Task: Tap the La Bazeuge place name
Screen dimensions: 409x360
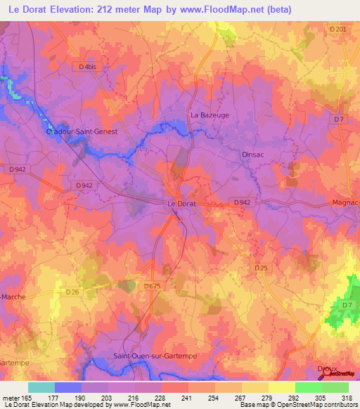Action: (210, 115)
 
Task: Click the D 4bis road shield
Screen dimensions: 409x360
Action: (89, 66)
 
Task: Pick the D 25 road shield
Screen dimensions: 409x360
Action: (261, 268)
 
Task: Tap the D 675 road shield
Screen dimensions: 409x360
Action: (152, 286)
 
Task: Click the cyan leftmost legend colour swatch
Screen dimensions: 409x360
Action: (41, 387)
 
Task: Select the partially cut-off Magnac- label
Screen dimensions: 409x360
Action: (345, 203)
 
